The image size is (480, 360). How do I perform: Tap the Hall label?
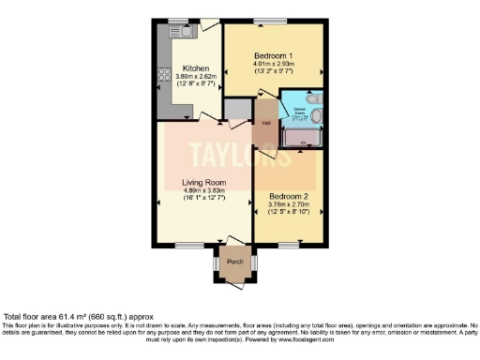[266, 122]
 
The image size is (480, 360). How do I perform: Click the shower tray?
[302, 140]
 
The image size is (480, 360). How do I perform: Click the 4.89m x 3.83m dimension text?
[204, 193]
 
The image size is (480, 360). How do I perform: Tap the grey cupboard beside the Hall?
[238, 110]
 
